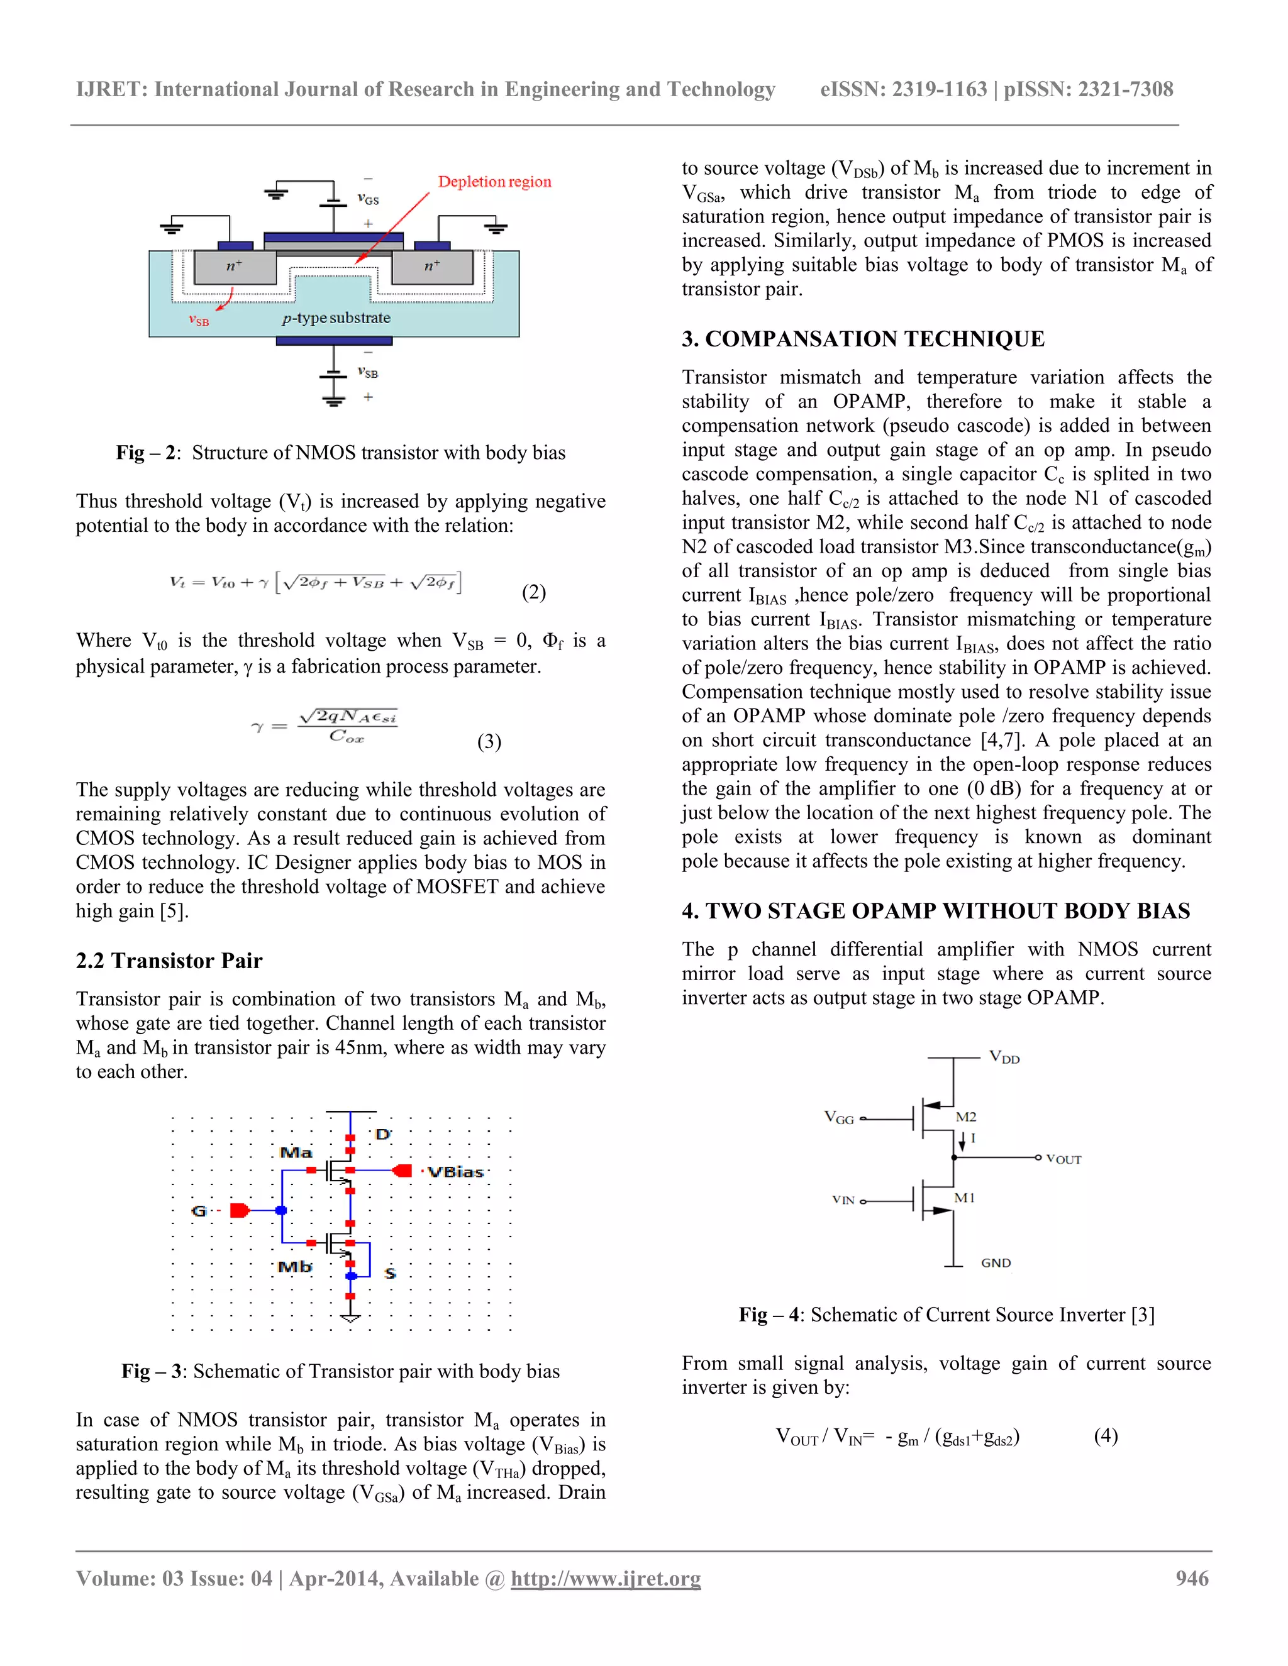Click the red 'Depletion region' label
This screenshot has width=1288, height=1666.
[x=494, y=182]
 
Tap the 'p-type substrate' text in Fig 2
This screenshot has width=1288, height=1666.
[x=336, y=318]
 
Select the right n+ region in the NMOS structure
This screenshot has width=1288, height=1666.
[x=432, y=265]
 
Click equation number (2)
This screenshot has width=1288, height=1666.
[x=533, y=592]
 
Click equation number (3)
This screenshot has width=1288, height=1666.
[x=489, y=741]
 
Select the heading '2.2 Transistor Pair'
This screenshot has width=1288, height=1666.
[x=169, y=961]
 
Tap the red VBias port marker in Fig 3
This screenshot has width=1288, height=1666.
[x=402, y=1171]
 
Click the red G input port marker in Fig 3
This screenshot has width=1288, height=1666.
[x=240, y=1211]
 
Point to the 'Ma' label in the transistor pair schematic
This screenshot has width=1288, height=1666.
[x=296, y=1152]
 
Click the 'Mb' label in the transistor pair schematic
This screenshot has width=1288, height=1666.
[x=294, y=1267]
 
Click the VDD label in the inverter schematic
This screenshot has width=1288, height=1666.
[x=1004, y=1057]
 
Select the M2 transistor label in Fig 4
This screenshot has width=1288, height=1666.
[x=966, y=1117]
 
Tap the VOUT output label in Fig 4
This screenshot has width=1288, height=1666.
[x=1063, y=1159]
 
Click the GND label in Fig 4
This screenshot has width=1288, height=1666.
[x=996, y=1263]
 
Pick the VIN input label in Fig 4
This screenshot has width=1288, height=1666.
[x=843, y=1200]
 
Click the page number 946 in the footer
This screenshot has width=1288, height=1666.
[x=1192, y=1578]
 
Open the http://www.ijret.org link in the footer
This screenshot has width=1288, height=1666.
[x=605, y=1578]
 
